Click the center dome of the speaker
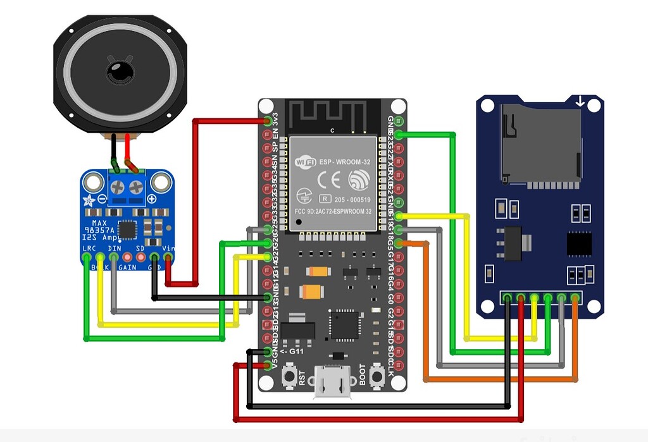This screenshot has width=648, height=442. tap(120, 71)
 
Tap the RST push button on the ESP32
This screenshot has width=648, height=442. tap(290, 377)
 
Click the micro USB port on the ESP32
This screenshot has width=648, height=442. tap(333, 383)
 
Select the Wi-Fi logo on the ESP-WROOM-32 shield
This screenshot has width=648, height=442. tap(306, 162)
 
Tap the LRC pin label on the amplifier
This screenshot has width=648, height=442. tap(89, 249)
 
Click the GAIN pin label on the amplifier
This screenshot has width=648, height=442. tap(127, 267)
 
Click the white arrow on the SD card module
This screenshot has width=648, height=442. tap(580, 101)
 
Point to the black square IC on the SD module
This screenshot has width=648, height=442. tap(579, 243)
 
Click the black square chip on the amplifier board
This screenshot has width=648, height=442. tap(127, 230)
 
